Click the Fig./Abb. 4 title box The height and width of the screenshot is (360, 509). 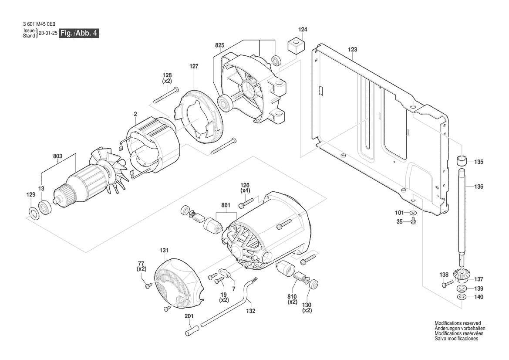[x=79, y=33]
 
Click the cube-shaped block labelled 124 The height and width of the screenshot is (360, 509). [x=296, y=45]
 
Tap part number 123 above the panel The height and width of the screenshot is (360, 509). [x=352, y=49]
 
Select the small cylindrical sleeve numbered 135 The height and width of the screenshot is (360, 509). [x=462, y=161]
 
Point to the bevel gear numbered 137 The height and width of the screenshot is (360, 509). [x=461, y=278]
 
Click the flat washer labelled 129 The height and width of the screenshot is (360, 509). [x=33, y=213]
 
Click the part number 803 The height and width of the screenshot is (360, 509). [x=57, y=156]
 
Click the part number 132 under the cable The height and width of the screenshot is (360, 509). [x=251, y=311]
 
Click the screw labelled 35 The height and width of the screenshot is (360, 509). [x=413, y=221]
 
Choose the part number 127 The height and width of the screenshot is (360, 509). [x=194, y=66]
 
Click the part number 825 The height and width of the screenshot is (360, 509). [x=220, y=45]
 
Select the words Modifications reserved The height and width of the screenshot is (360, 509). [x=458, y=323]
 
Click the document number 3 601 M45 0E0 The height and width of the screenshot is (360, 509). [x=39, y=24]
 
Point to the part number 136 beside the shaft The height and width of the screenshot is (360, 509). [x=479, y=187]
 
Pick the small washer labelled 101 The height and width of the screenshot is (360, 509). [x=413, y=213]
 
